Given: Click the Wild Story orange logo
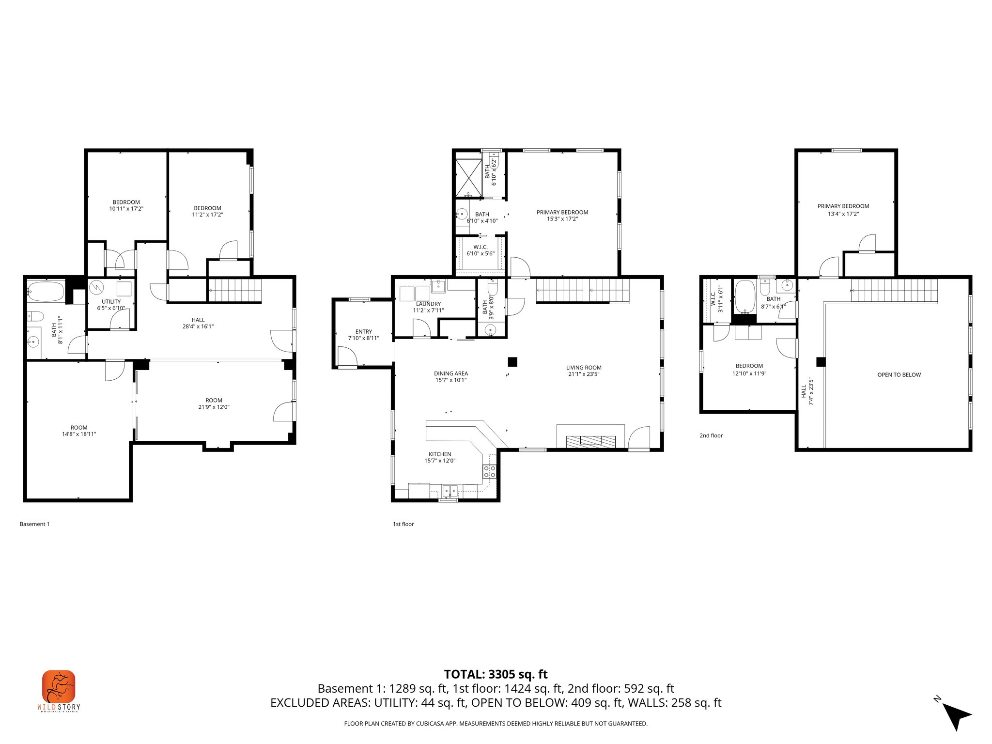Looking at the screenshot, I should (59, 686).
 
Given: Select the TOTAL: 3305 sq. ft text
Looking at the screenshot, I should (496, 674).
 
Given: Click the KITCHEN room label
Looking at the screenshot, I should (440, 454).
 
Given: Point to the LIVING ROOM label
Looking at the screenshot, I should (584, 368).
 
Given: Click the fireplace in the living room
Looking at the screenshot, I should (591, 441).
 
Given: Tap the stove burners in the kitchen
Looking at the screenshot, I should (489, 471).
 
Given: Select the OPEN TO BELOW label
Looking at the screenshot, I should (899, 375).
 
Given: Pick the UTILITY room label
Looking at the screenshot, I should (111, 302).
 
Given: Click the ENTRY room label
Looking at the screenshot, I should (363, 332).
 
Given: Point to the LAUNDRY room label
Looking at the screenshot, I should (428, 304).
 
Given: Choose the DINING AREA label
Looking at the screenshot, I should (450, 373).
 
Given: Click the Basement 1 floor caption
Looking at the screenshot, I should (34, 524).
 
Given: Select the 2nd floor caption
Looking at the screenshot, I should (711, 435).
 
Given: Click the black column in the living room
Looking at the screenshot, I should (512, 362).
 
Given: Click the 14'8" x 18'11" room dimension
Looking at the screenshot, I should (79, 434).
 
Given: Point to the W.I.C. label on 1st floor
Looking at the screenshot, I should (480, 247).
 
